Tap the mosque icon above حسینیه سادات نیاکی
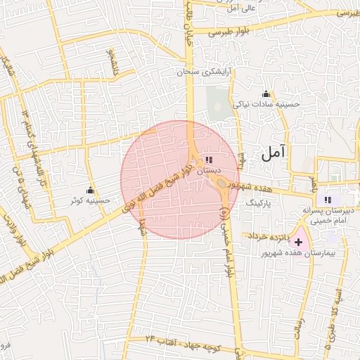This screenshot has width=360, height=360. pos(266,94)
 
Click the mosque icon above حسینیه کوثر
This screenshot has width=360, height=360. pos(90,191)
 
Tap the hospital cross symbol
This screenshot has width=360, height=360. pos(298,241)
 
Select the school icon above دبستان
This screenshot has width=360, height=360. pos(209,160)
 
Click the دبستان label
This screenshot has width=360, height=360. pos(209,170)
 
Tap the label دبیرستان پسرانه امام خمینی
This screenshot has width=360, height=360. pos(324,214)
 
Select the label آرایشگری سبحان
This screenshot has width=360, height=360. pos(210,72)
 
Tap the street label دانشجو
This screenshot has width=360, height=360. pos(110,63)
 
